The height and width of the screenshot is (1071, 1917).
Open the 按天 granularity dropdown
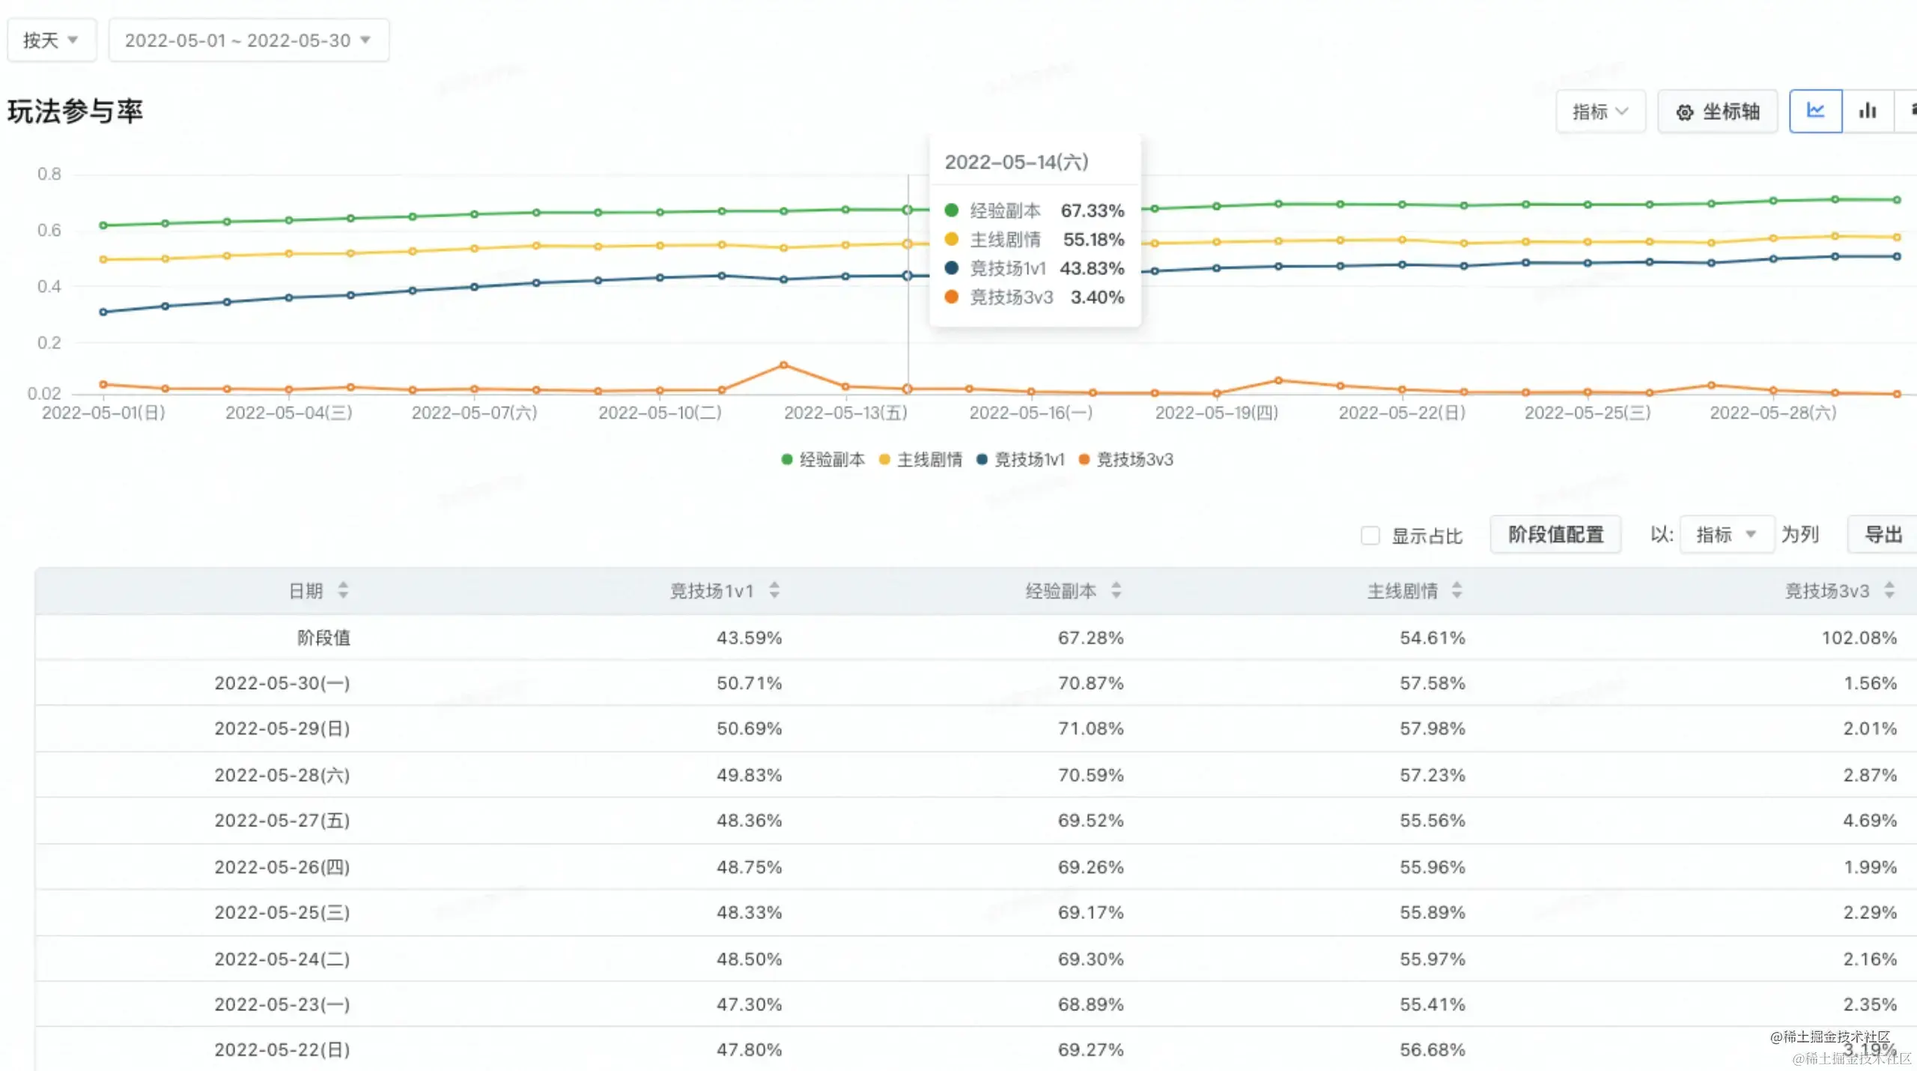[x=51, y=40]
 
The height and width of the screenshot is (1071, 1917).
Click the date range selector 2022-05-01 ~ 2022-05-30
[x=248, y=40]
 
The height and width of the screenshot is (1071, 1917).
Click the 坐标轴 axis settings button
[x=1717, y=112]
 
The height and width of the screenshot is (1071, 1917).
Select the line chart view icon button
[x=1815, y=112]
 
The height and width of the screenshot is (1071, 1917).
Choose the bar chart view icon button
[x=1868, y=112]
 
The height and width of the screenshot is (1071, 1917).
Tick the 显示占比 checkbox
[x=1370, y=535]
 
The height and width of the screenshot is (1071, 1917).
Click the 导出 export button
[x=1883, y=535]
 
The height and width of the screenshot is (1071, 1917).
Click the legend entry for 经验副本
[x=823, y=460]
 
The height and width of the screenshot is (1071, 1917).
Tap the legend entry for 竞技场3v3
[x=1126, y=460]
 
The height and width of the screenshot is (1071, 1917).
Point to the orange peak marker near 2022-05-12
[x=783, y=365]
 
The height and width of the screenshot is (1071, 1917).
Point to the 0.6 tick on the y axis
[x=49, y=231]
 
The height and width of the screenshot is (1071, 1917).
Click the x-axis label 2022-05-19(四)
[x=1216, y=413]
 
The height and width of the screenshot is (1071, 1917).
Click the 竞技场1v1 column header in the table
[x=711, y=592]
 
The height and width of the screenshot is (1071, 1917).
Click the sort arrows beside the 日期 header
[x=343, y=591]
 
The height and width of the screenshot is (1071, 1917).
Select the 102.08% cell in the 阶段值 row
[x=1859, y=638]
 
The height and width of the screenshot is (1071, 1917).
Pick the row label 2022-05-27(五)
[x=282, y=821]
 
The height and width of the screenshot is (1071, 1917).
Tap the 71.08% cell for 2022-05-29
[x=1090, y=729]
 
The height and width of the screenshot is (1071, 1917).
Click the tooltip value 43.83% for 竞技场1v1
[x=1092, y=269]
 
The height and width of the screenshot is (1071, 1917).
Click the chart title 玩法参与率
[x=75, y=112]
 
